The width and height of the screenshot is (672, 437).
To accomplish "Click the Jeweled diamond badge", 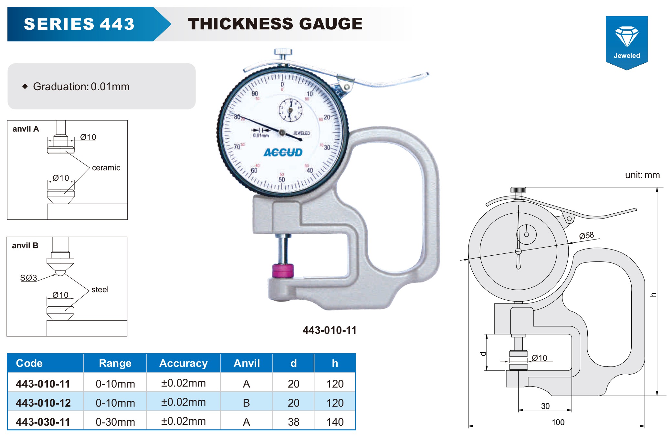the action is pyautogui.click(x=626, y=43).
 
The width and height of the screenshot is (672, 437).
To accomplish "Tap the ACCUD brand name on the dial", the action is pyautogui.click(x=283, y=153).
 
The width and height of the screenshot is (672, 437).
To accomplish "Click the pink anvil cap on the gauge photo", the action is pyautogui.click(x=283, y=271).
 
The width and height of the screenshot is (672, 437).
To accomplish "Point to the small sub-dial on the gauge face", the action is pyautogui.click(x=290, y=110).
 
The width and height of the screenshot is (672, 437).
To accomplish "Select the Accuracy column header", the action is pyautogui.click(x=184, y=363).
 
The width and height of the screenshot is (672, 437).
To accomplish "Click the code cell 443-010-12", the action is pyautogui.click(x=43, y=403).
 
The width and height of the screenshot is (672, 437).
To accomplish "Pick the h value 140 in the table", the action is pyautogui.click(x=335, y=422).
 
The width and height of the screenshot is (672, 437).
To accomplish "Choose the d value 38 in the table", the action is pyautogui.click(x=294, y=422).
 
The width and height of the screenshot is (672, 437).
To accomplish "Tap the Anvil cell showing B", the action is pyautogui.click(x=247, y=403).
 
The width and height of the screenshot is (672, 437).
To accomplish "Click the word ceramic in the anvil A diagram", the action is pyautogui.click(x=106, y=168).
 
